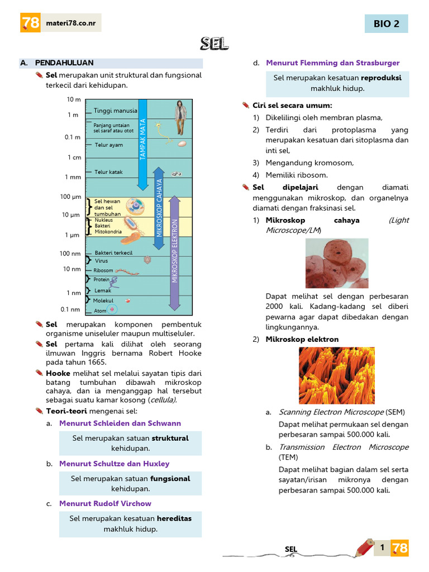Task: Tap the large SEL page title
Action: pos(214,44)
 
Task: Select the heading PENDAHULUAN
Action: pos(64,63)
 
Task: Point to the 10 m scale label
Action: pos(74,99)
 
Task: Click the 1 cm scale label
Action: pos(74,158)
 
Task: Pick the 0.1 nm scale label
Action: pos(70,309)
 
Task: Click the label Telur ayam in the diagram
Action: pos(108,145)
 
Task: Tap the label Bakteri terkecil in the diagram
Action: pos(113,253)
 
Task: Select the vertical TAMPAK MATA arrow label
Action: pos(142,140)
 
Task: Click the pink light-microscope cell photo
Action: pos(336,263)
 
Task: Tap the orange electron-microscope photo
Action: pos(336,375)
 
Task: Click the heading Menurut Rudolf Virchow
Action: pos(105,503)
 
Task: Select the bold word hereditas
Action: pos(174,518)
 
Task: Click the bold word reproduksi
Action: pos(381,78)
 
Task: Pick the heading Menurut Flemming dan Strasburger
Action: pos(333,63)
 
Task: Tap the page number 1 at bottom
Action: pos(382,548)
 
